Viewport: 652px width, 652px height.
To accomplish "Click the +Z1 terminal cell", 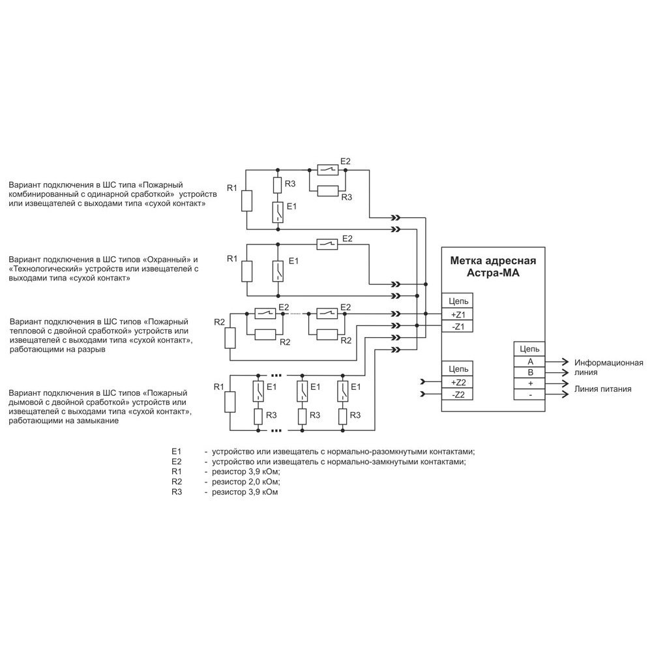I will click(x=457, y=314).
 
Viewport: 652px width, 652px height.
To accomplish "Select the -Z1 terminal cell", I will click(x=457, y=326).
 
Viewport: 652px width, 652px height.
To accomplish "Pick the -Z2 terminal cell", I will click(x=457, y=394).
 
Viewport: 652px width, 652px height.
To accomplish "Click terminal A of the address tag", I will click(x=530, y=361).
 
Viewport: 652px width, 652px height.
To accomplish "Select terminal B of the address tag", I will click(x=530, y=372).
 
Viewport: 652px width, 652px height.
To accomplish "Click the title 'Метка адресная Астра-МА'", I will click(x=493, y=267).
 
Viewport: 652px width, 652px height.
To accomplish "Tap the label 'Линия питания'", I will click(x=602, y=389).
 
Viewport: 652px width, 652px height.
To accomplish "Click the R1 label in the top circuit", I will click(x=232, y=188).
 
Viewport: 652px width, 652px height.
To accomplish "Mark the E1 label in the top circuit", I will click(x=291, y=207).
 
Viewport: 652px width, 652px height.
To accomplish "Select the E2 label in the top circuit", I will click(x=346, y=162).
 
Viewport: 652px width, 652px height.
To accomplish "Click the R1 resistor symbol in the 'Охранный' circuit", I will click(x=246, y=270).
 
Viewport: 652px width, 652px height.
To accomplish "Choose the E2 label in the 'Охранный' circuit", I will click(x=347, y=239).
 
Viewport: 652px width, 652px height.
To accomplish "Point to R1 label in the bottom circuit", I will click(x=219, y=387).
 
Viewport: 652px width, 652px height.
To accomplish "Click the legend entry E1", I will click(x=175, y=451).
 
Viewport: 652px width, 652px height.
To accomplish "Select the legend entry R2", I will click(x=177, y=482).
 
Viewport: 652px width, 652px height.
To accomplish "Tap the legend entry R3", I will click(x=177, y=492).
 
